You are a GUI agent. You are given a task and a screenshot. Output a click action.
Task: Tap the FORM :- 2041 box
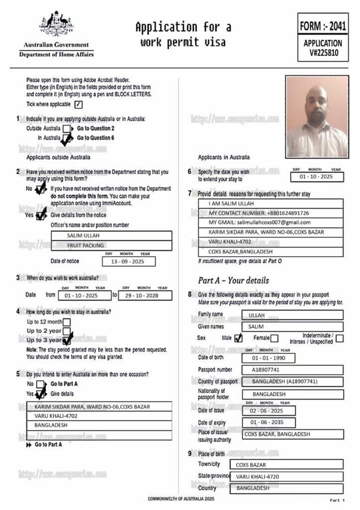323,24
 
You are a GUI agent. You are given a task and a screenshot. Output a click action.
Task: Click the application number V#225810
323,52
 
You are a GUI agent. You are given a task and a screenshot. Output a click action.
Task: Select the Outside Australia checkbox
67,128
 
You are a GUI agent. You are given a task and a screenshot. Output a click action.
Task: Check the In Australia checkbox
67,138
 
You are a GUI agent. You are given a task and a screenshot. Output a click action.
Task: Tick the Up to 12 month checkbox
67,322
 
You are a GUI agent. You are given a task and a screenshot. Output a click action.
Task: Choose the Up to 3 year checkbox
67,340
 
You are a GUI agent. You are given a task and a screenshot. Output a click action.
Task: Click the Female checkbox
274,338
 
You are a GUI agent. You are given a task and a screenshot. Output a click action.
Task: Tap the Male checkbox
238,338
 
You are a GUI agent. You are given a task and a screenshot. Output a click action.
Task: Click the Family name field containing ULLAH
292,315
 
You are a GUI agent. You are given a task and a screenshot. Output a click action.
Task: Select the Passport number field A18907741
292,370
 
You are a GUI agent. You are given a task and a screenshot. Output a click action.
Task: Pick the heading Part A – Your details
233,280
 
